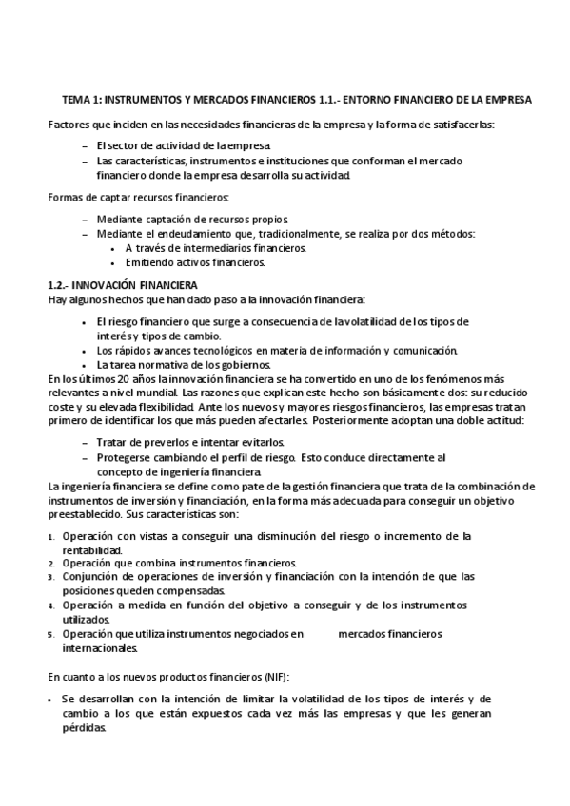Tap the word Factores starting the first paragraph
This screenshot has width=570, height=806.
pyautogui.click(x=69, y=125)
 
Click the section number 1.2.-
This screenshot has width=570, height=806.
pyautogui.click(x=58, y=285)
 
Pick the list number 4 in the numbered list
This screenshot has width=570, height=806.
pyautogui.click(x=51, y=604)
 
